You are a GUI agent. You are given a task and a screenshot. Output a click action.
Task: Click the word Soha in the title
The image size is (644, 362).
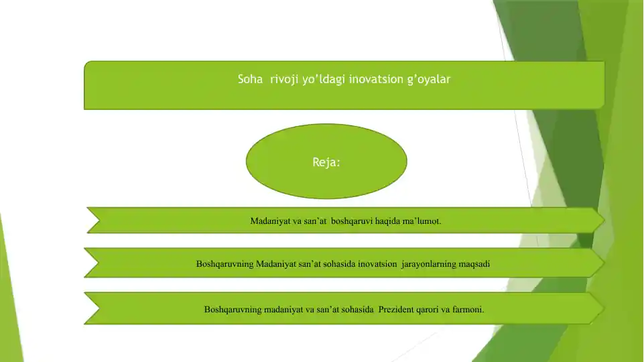250,79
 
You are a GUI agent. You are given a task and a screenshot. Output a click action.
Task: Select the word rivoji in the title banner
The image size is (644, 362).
284,80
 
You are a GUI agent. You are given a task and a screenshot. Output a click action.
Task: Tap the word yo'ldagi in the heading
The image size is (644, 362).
324,80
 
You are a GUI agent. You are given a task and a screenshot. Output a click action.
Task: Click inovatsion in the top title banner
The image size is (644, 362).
376,79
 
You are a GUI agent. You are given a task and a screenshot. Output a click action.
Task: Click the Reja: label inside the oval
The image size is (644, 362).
326,162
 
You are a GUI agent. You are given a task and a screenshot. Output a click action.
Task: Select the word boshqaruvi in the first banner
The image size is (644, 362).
352,221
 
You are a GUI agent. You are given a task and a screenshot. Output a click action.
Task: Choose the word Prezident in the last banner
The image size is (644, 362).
396,310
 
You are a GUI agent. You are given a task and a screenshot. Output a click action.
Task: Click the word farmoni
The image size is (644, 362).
468,310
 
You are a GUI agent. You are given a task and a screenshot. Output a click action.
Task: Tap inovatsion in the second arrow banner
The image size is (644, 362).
377,264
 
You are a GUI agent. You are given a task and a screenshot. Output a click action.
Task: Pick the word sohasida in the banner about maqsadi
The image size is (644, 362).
339,264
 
